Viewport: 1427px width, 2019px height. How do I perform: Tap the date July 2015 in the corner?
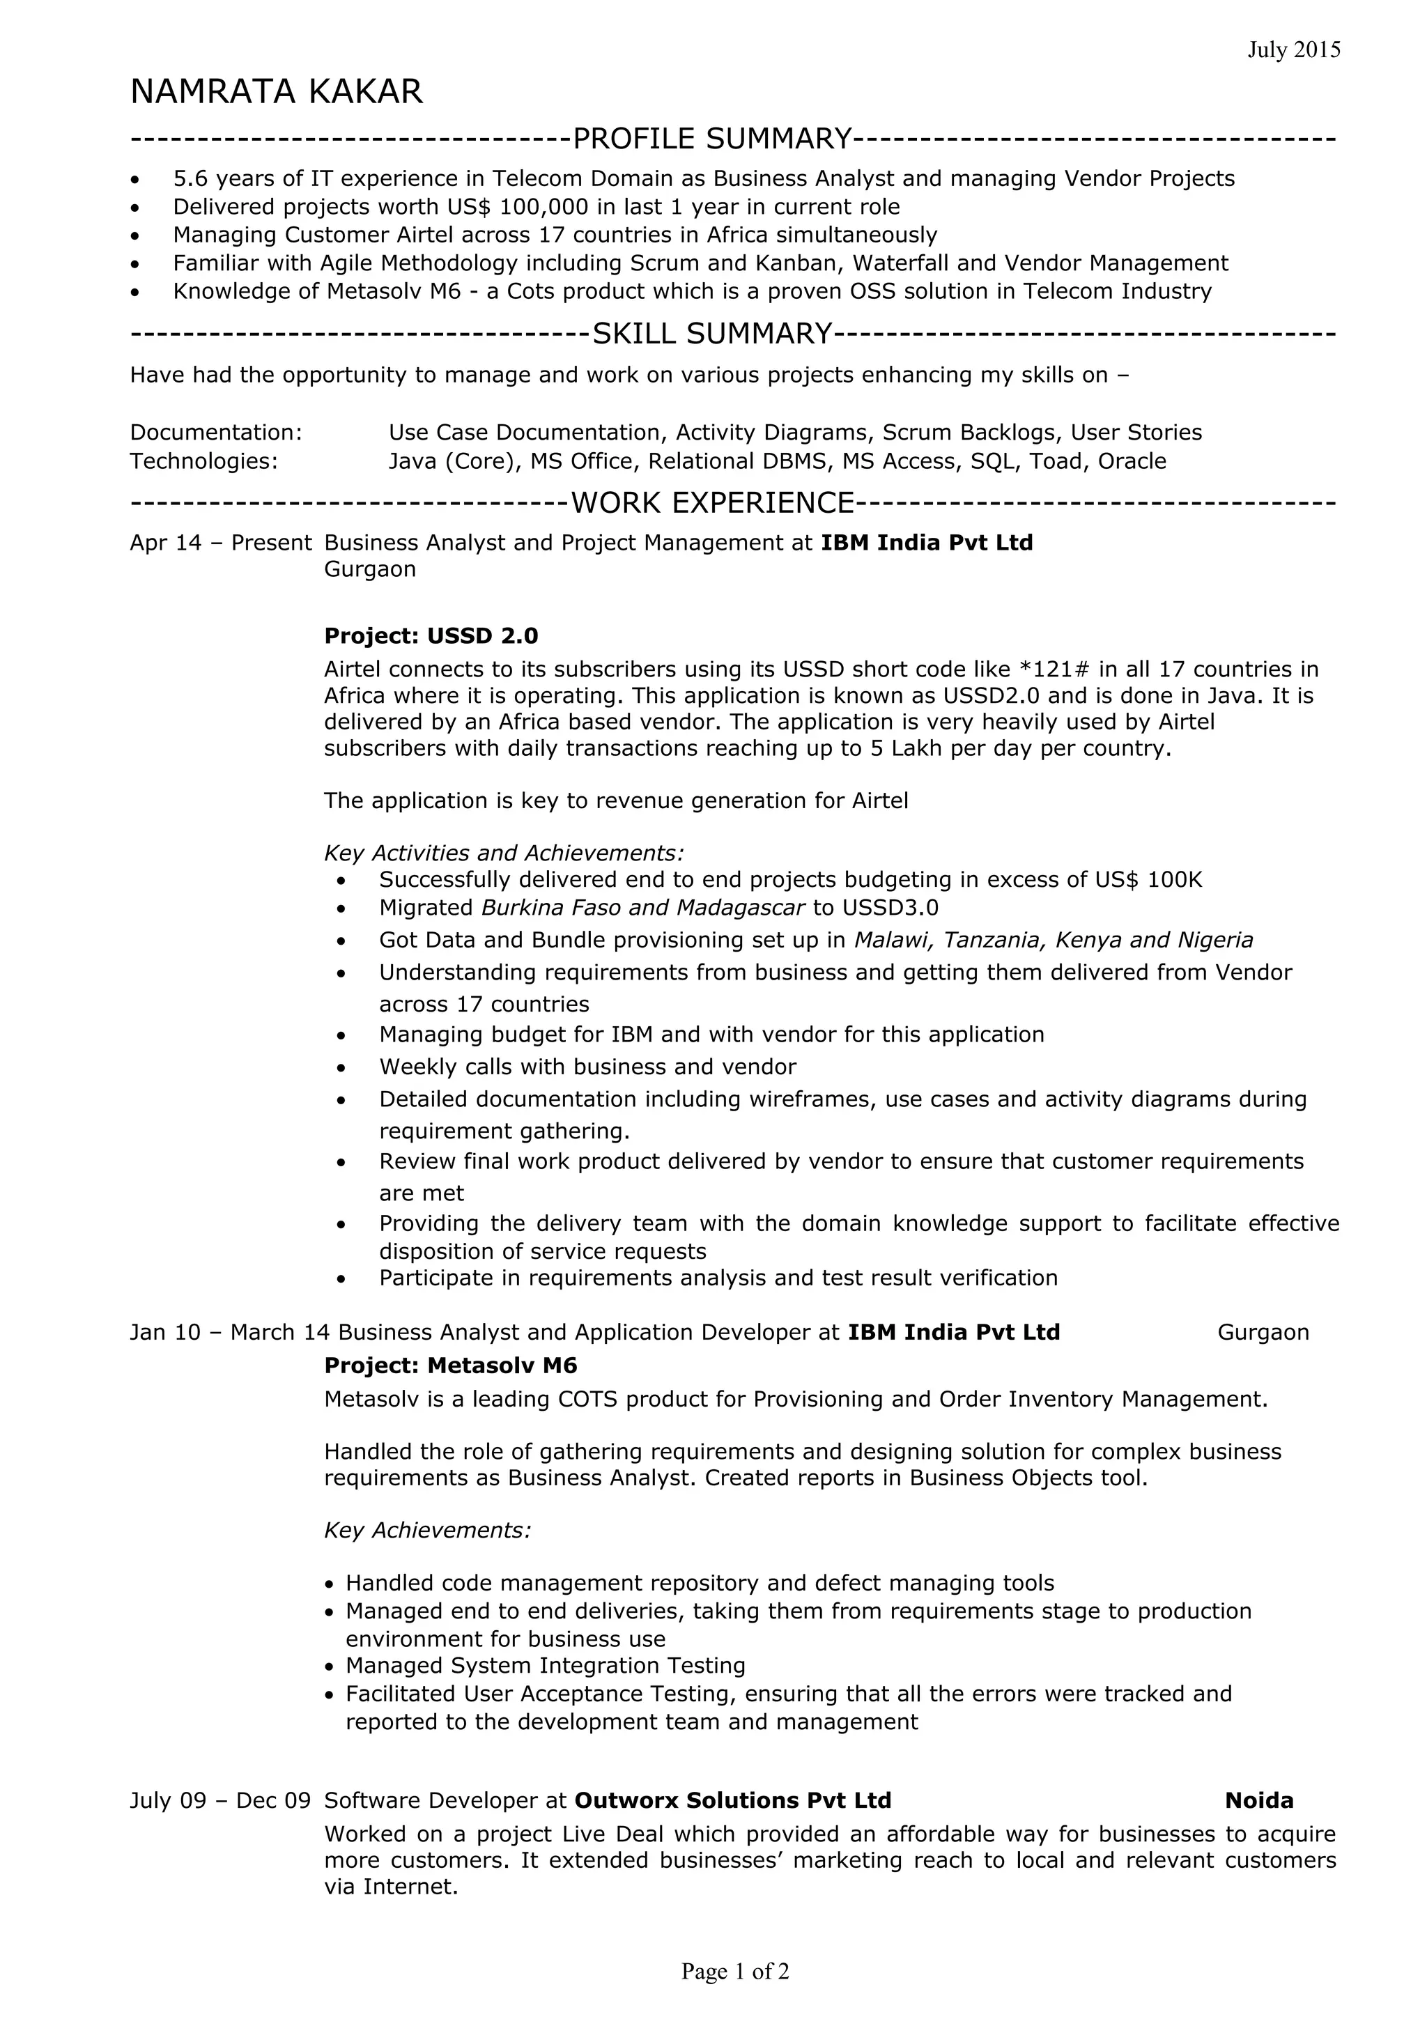[x=1293, y=50]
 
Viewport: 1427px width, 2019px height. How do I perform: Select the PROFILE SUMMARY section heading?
[x=712, y=139]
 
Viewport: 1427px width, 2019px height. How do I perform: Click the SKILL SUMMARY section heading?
[x=712, y=334]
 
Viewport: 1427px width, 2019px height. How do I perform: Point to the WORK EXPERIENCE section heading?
[x=712, y=503]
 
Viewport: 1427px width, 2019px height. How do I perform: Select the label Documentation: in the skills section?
[x=216, y=433]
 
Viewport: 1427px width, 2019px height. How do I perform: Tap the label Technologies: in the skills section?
[x=204, y=462]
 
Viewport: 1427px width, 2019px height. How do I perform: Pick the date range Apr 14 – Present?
[x=221, y=543]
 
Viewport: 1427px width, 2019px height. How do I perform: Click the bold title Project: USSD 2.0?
[x=431, y=636]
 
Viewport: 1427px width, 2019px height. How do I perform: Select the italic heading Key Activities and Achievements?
[x=504, y=853]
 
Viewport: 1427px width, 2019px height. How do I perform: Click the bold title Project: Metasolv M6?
[x=450, y=1366]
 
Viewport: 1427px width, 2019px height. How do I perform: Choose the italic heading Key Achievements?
[x=427, y=1531]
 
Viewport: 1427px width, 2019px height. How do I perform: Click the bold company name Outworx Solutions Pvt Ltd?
[x=732, y=1801]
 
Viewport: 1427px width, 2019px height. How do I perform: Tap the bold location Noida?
[x=1258, y=1801]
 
